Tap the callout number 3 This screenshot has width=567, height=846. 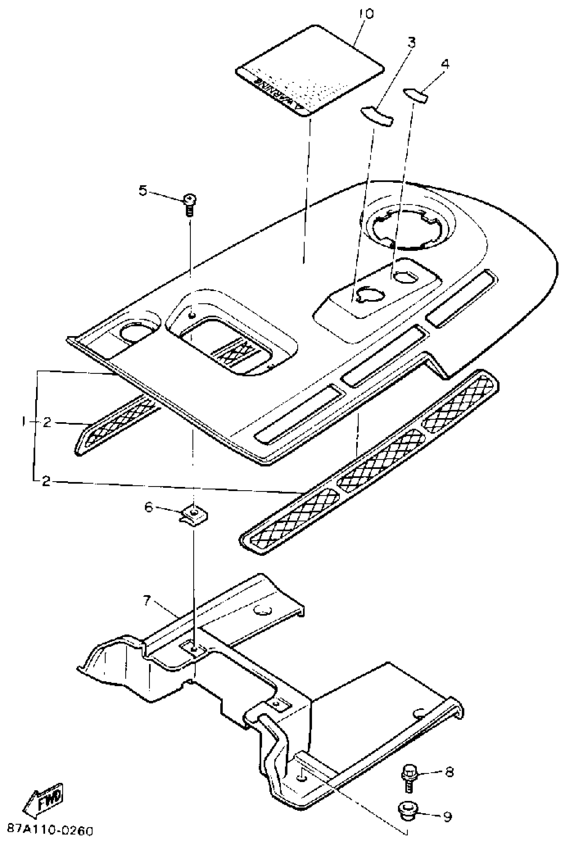pyautogui.click(x=411, y=43)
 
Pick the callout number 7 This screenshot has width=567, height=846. pyautogui.click(x=146, y=601)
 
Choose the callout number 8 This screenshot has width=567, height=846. pyautogui.click(x=449, y=772)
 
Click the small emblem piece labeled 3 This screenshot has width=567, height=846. pyautogui.click(x=377, y=116)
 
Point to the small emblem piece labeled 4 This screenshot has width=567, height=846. pyautogui.click(x=416, y=95)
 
